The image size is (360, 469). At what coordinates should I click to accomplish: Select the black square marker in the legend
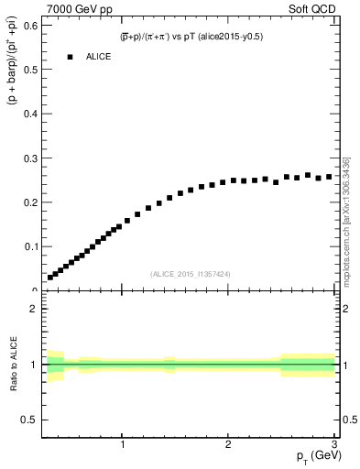point(70,57)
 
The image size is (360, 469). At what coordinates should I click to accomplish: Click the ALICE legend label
point(99,57)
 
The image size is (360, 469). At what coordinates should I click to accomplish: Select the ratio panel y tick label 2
point(33,309)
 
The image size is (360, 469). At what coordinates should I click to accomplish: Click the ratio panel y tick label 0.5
point(29,420)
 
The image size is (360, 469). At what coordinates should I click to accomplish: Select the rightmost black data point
point(329,177)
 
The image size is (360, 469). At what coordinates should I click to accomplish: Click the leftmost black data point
point(50,277)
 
